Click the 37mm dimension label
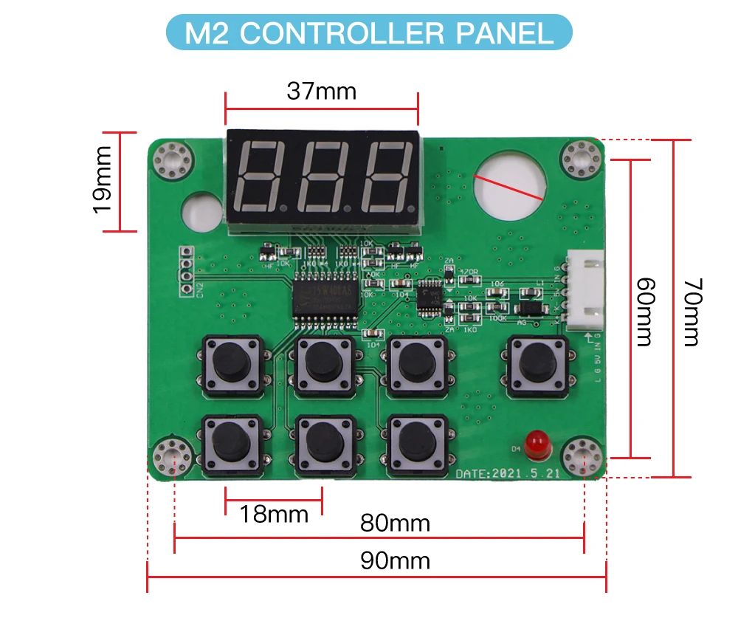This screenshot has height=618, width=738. (x=321, y=92)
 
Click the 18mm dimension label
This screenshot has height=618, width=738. (x=274, y=513)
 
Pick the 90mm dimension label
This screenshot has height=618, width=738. (x=395, y=561)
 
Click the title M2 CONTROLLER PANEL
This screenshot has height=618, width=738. (x=369, y=33)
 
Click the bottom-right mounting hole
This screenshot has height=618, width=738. (x=584, y=456)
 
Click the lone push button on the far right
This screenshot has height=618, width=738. (x=537, y=363)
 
